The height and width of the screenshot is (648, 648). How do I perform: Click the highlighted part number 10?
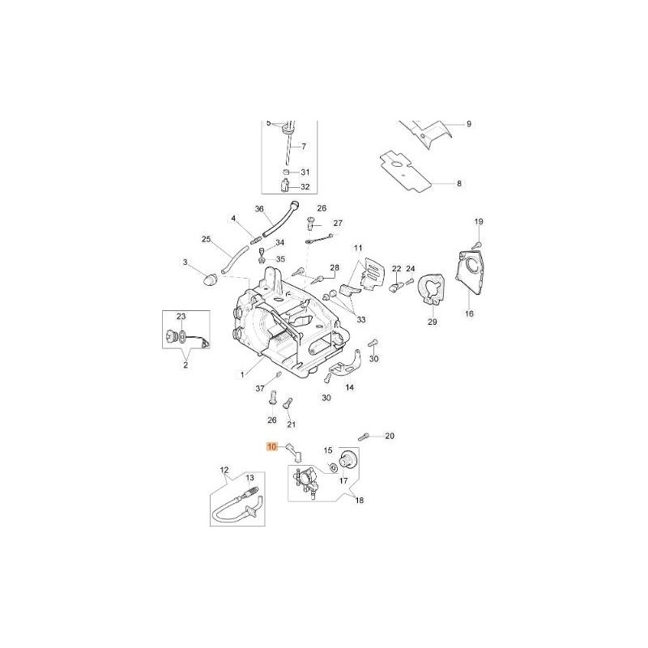[272, 446]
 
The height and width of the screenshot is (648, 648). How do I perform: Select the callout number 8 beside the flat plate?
[458, 184]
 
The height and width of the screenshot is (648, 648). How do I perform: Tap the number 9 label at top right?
[467, 124]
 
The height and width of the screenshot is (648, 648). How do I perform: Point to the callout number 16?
[468, 313]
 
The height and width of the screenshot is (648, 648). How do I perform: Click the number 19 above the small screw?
[478, 222]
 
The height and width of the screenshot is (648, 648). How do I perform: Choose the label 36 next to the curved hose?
[260, 208]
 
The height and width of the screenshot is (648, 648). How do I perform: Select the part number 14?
[349, 388]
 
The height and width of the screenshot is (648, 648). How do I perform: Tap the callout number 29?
[432, 322]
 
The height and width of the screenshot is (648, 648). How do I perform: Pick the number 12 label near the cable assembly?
[224, 469]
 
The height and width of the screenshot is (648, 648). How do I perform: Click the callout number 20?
[389, 437]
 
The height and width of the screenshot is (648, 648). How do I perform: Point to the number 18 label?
[359, 501]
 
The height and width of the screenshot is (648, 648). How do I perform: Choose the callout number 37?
[261, 389]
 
